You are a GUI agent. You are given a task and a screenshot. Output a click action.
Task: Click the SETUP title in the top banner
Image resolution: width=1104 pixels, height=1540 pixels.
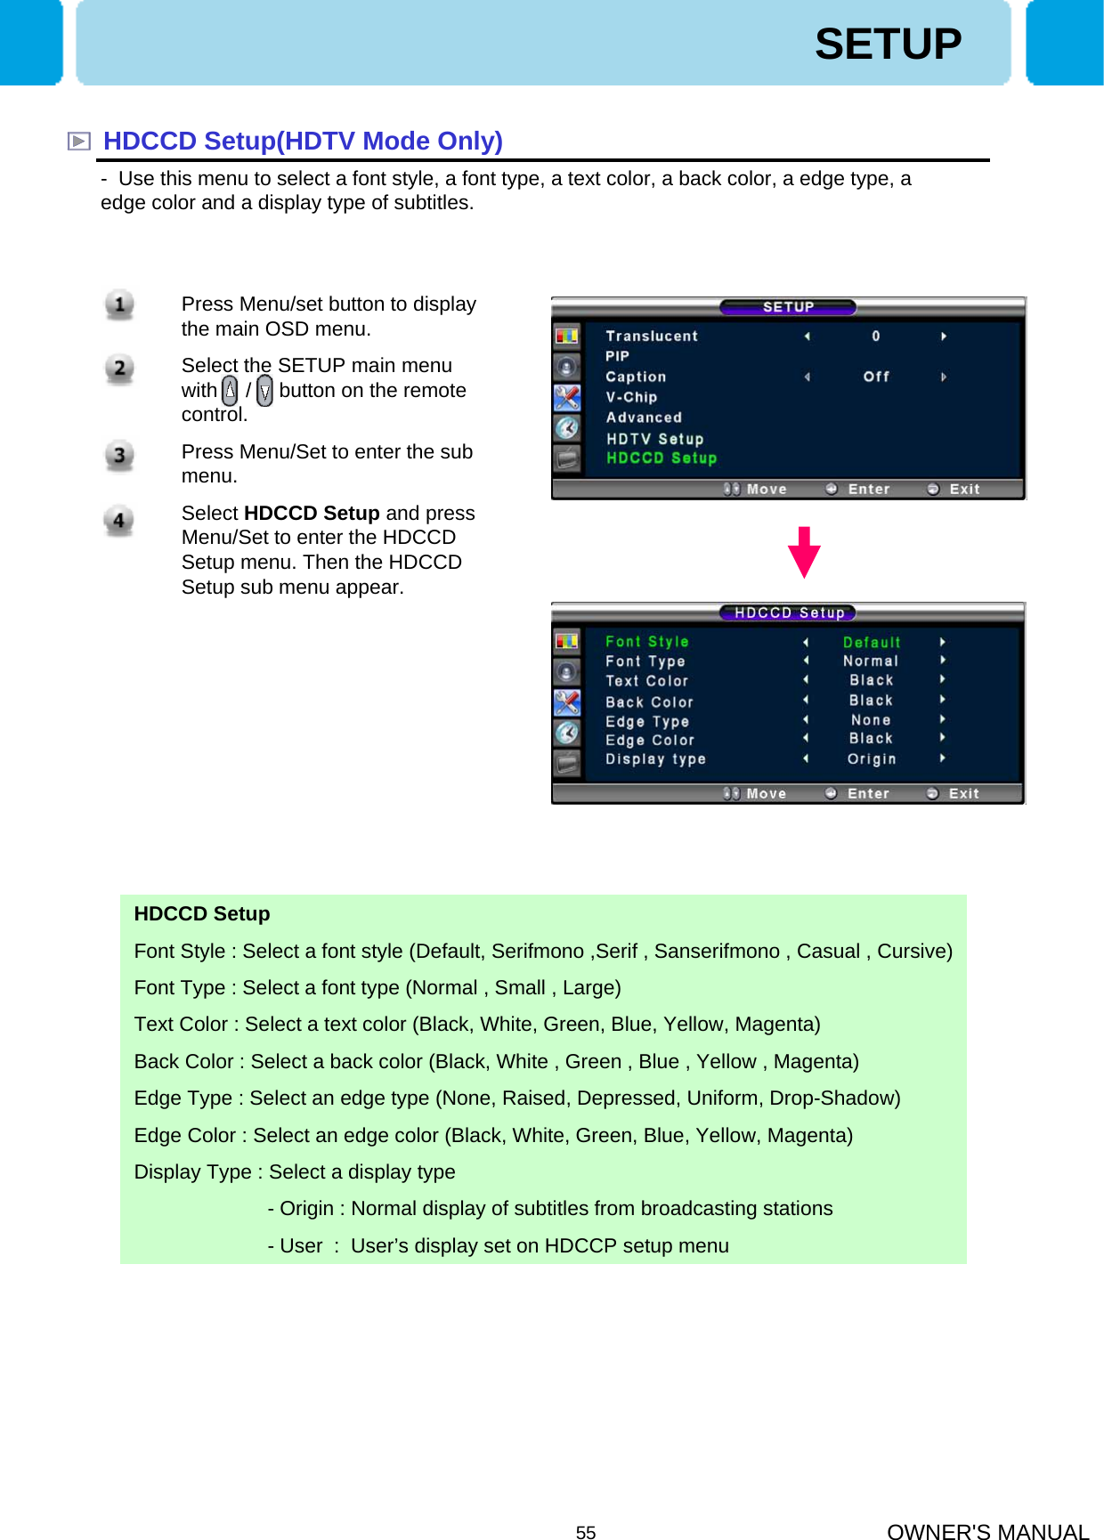click(x=888, y=45)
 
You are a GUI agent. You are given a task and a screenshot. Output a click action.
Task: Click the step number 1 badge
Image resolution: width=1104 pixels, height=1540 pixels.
click(x=119, y=304)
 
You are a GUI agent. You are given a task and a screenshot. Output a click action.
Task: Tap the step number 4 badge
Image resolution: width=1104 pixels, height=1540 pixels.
click(x=118, y=521)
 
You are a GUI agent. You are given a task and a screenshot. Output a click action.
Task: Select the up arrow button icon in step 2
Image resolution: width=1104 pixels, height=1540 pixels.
click(x=230, y=390)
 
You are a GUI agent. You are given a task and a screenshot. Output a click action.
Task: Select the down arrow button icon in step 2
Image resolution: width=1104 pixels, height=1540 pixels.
click(x=264, y=391)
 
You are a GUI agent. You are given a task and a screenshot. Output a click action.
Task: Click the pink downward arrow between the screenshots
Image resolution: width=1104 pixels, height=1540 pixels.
click(x=804, y=552)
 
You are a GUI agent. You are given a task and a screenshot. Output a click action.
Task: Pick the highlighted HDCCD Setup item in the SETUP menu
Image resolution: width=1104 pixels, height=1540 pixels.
click(x=662, y=458)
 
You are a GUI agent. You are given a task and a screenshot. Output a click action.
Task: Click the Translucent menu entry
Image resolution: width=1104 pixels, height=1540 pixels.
click(x=652, y=336)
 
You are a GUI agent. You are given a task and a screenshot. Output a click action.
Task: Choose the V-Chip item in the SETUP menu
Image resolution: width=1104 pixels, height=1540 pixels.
click(x=631, y=397)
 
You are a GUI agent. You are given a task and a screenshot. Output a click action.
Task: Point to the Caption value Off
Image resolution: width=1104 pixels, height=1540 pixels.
click(x=876, y=377)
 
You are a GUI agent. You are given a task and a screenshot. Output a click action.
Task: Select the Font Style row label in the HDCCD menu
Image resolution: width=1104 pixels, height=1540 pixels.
click(x=647, y=642)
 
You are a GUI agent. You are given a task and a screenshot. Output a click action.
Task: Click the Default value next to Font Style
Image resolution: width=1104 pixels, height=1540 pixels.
click(x=872, y=643)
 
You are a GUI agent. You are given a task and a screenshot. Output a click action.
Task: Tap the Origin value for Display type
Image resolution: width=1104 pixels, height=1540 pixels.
click(x=872, y=759)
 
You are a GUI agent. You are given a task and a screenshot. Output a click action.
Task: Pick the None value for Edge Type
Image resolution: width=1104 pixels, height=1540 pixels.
click(x=871, y=720)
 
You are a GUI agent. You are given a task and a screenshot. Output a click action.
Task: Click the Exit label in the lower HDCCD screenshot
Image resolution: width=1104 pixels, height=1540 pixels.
click(x=963, y=794)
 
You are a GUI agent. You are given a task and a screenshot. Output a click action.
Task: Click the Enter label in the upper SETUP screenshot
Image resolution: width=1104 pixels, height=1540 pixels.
click(x=869, y=490)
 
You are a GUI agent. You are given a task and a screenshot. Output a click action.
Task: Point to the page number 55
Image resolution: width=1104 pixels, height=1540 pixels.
click(x=586, y=1532)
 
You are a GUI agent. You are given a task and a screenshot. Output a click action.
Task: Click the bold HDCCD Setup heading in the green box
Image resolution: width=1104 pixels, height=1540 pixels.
click(x=202, y=914)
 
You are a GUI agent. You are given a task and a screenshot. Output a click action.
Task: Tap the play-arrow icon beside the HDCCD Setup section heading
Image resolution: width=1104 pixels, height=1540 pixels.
click(x=79, y=142)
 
